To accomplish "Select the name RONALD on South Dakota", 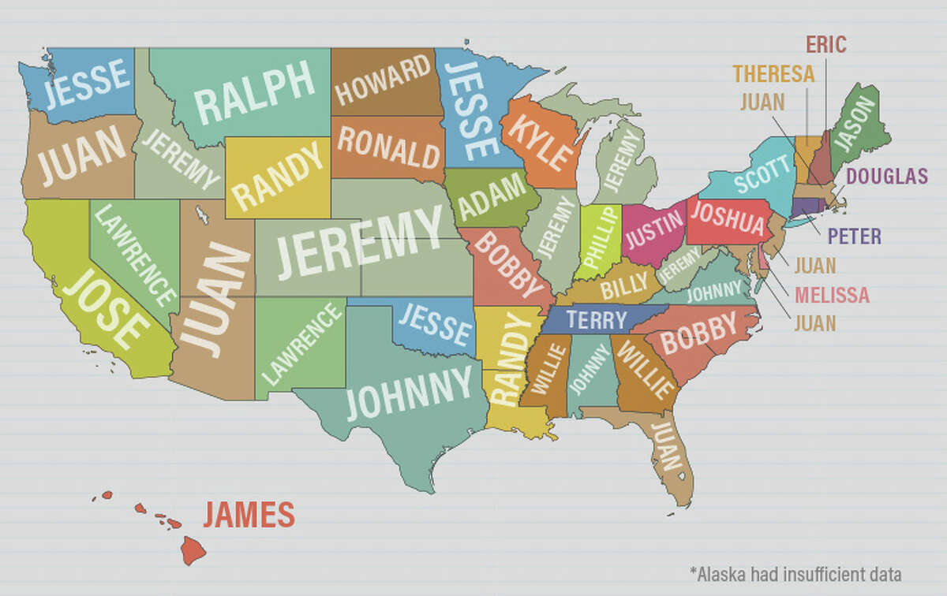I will pyautogui.click(x=388, y=146).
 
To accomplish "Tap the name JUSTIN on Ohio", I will pyautogui.click(x=654, y=232).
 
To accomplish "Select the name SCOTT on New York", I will pyautogui.click(x=762, y=174).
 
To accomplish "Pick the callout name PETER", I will pyautogui.click(x=854, y=236).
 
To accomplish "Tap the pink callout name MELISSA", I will pyautogui.click(x=832, y=296).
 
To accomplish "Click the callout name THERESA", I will pyautogui.click(x=773, y=74).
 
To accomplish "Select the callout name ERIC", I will pyautogui.click(x=825, y=43).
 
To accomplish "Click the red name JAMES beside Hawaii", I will pyautogui.click(x=249, y=516).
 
